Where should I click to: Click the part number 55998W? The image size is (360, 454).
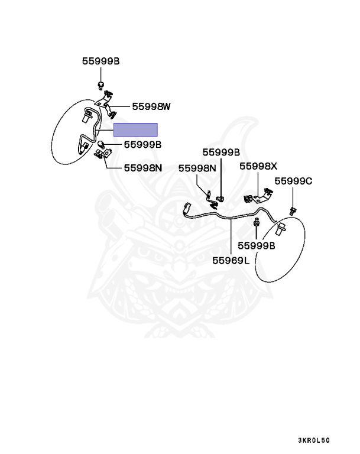pos(151,106)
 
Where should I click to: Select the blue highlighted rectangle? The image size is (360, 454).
pos(135,129)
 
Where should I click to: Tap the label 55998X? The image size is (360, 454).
pos(258,166)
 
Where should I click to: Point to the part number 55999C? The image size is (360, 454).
pos(293,181)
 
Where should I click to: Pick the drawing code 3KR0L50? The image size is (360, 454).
pos(313,440)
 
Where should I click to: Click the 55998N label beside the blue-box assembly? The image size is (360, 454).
pos(142,167)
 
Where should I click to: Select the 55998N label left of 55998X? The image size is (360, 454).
pos(197,168)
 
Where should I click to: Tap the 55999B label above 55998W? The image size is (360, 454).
pos(100,60)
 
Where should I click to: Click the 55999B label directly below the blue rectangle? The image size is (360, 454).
pos(142,144)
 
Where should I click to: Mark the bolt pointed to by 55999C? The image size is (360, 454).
pos(292,210)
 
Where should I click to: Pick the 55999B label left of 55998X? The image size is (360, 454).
pos(221,152)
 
